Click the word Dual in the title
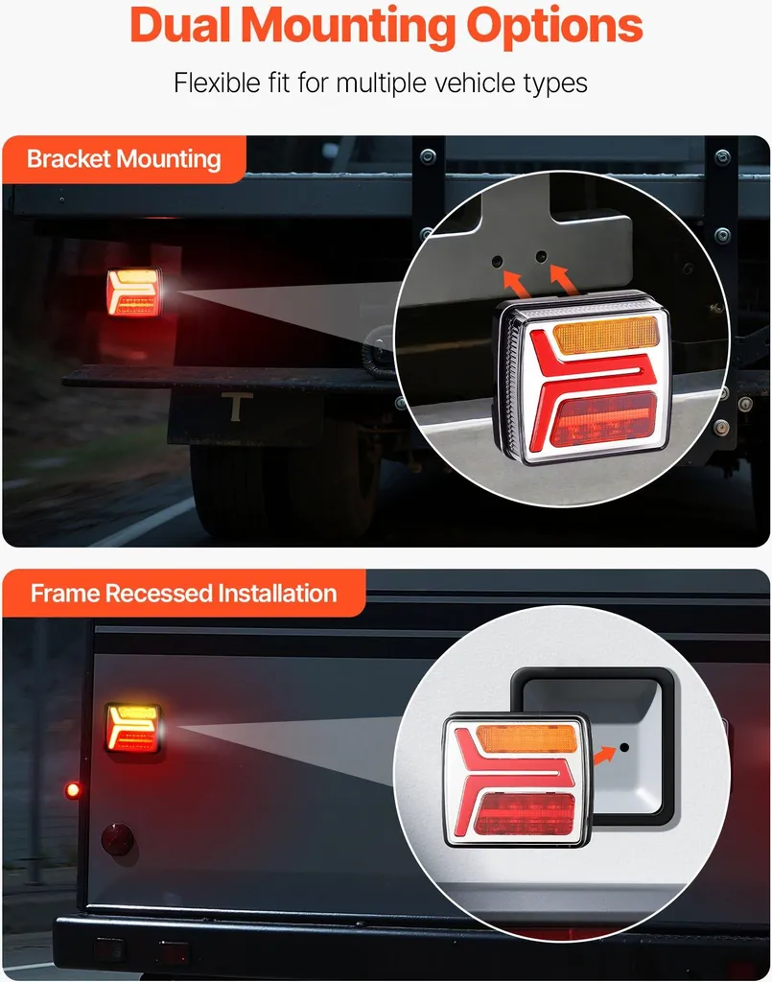pos(181,26)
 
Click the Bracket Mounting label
pos(124,159)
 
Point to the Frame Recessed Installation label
pos(183,593)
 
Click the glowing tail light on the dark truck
pos(133,292)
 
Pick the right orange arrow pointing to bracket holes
pos(564,278)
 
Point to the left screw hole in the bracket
pos(497,261)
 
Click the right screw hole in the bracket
pos(542,256)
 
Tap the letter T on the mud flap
pos(237,407)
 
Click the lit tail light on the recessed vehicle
pos(133,729)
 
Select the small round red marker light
pos(73,790)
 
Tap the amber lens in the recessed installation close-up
pos(526,738)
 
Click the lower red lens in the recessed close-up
pos(525,814)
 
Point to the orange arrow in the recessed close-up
pos(604,756)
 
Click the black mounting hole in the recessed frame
pos(624,748)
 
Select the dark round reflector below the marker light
pos(117,839)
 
